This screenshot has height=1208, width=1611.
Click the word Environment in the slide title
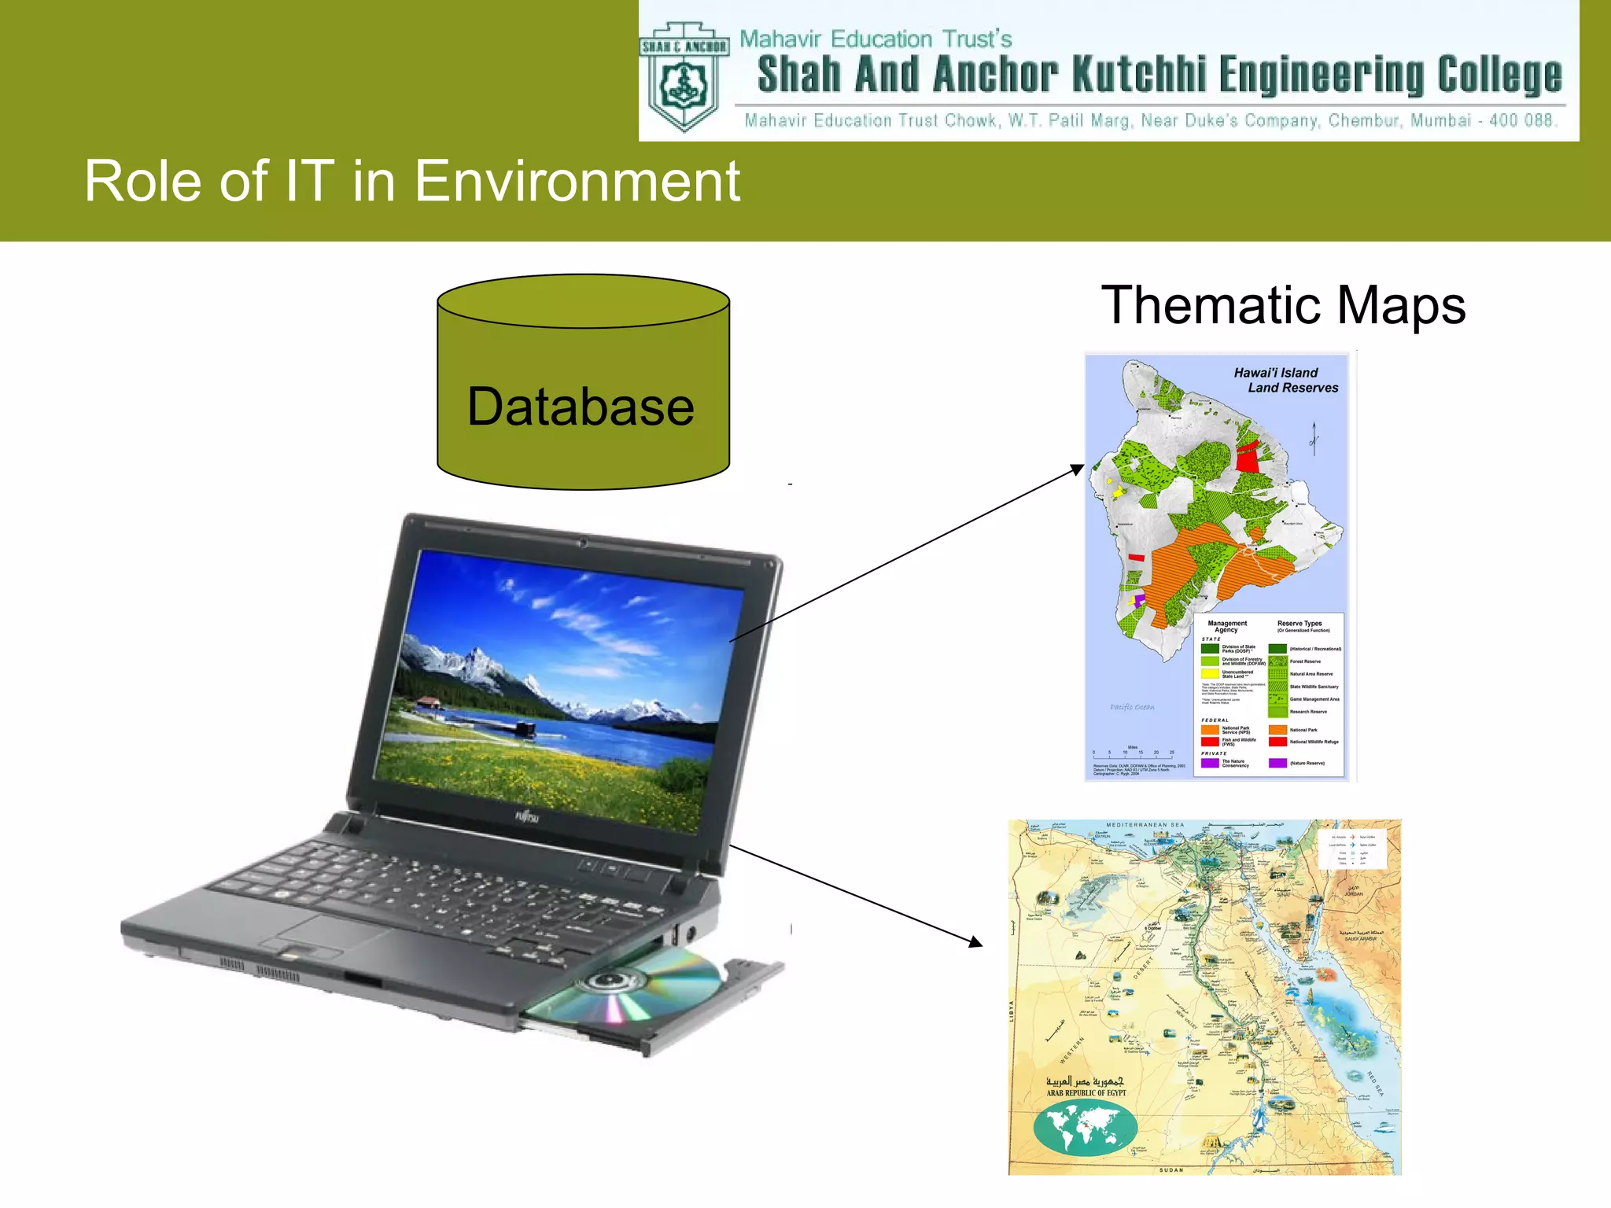click(577, 181)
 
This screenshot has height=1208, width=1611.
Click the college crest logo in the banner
click(684, 77)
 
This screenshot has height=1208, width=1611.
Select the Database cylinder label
click(581, 407)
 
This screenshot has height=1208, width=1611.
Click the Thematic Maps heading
click(1283, 305)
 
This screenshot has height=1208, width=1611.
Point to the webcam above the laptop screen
click(583, 542)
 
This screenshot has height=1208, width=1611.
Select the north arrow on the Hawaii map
click(1314, 438)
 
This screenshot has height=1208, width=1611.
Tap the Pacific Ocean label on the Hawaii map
click(1132, 707)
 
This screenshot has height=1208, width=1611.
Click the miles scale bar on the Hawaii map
click(1133, 756)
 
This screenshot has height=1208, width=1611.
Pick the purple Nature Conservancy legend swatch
click(1210, 762)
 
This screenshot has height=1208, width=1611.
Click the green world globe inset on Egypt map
click(1085, 1127)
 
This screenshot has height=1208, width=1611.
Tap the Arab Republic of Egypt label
click(1086, 1092)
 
